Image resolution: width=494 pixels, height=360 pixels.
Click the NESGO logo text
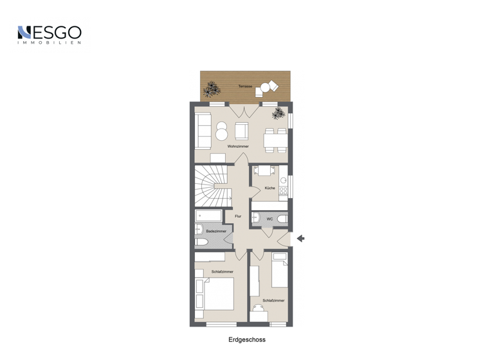pos(50,32)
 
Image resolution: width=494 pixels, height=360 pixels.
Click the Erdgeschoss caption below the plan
pos(246,339)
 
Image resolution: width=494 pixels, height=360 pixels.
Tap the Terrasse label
pos(245,86)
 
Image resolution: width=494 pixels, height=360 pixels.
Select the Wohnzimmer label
pos(238,147)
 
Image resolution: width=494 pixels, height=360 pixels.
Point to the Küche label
pos(270,188)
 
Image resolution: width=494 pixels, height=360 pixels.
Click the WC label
pos(270,219)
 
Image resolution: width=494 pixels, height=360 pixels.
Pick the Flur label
pos(238,216)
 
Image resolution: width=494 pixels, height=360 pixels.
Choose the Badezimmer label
pos(216,231)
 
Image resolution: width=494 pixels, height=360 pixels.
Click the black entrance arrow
pos(300,239)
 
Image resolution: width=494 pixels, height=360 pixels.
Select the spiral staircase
pos(211,184)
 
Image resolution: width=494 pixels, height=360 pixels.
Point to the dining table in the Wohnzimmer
pos(275,140)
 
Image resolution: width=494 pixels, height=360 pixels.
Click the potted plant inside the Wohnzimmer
pos(278,114)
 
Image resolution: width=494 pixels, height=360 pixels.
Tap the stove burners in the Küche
pos(284,191)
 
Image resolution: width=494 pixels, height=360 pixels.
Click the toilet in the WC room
pos(282,219)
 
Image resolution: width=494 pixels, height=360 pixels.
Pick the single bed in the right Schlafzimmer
pos(279,273)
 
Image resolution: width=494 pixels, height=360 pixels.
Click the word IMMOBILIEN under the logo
pos(50,43)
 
